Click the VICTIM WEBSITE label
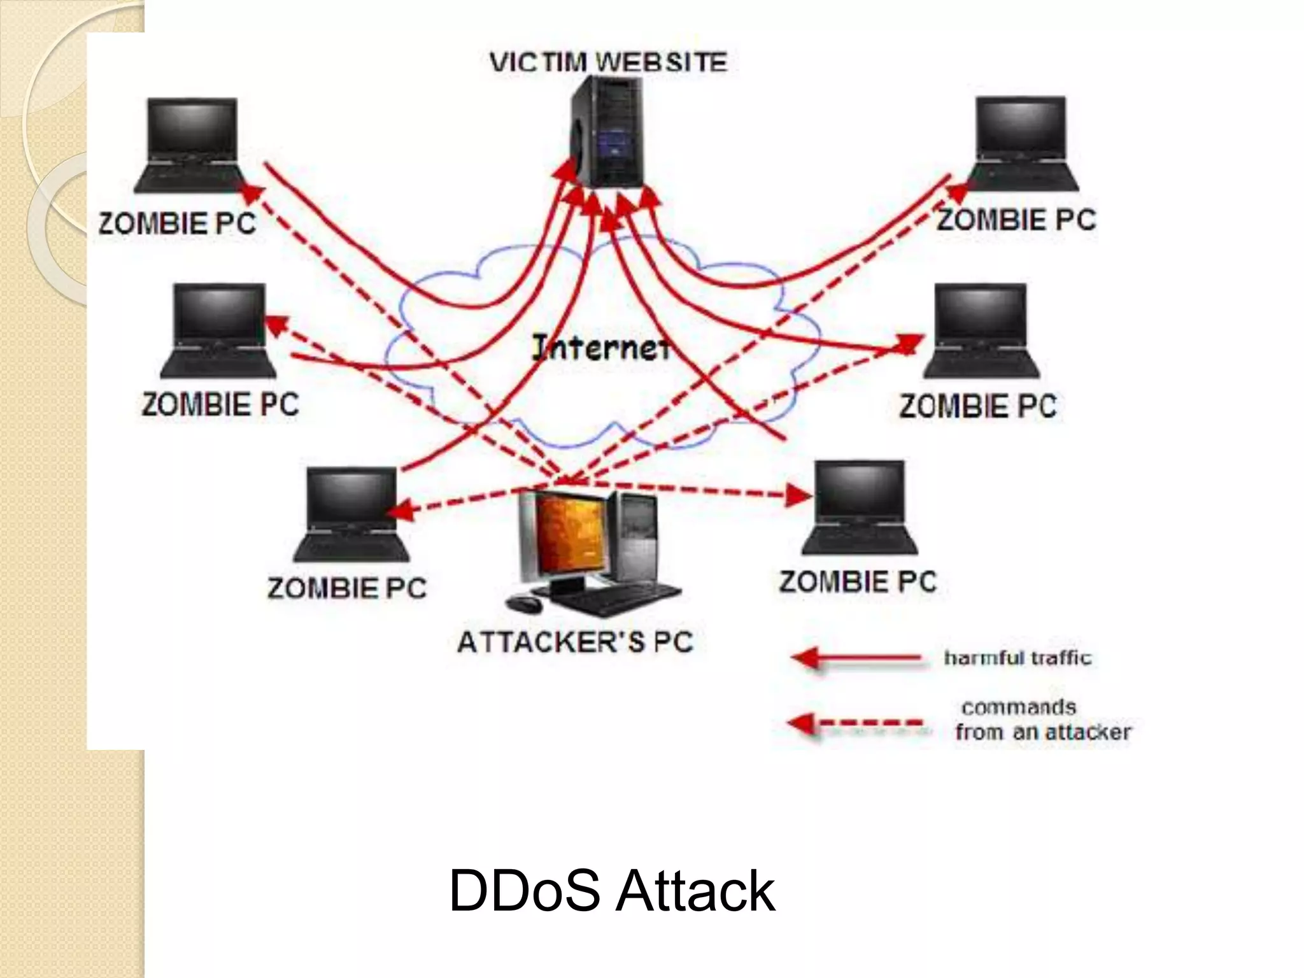(608, 62)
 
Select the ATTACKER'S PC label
(575, 642)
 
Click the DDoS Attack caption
(611, 891)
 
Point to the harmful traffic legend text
(1017, 658)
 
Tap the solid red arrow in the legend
(856, 658)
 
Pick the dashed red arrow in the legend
(856, 723)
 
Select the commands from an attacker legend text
(1042, 719)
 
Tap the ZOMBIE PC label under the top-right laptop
(1016, 220)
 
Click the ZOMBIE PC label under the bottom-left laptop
(347, 588)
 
